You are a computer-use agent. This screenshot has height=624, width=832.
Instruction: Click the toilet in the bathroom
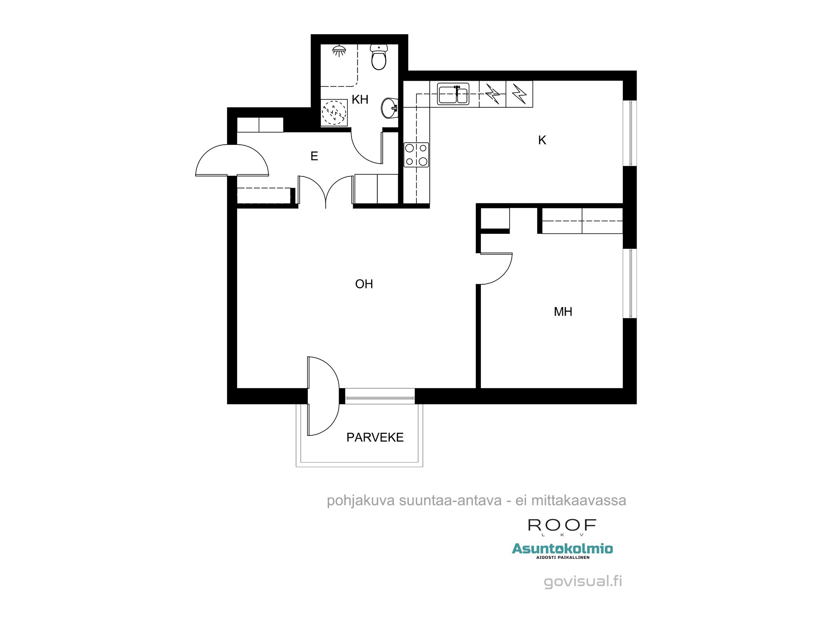pos(379,57)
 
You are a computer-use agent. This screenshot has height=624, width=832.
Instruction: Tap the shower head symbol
pos(339,51)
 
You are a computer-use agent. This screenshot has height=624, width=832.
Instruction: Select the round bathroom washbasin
pos(389,108)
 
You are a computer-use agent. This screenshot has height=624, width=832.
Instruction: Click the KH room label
pos(360,99)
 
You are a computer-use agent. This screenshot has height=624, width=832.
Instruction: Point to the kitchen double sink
pos(453,94)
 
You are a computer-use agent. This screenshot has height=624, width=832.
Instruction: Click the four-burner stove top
pos(416,155)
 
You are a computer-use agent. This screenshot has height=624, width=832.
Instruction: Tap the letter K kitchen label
pos(542,140)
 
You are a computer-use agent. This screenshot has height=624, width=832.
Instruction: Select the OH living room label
pos(364,284)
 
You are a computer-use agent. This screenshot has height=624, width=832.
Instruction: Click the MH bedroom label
pos(563,312)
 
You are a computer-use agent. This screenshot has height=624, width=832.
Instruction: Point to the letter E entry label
pos(314,156)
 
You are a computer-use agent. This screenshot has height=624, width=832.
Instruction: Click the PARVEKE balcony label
pos(375,437)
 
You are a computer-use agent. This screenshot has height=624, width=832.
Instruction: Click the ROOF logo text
pos(562,525)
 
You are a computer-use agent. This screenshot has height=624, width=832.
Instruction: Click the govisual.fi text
pos(583,581)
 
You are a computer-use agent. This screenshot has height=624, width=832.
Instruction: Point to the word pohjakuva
pos(360,500)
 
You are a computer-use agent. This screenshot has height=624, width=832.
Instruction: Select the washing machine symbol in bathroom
pos(334,112)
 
